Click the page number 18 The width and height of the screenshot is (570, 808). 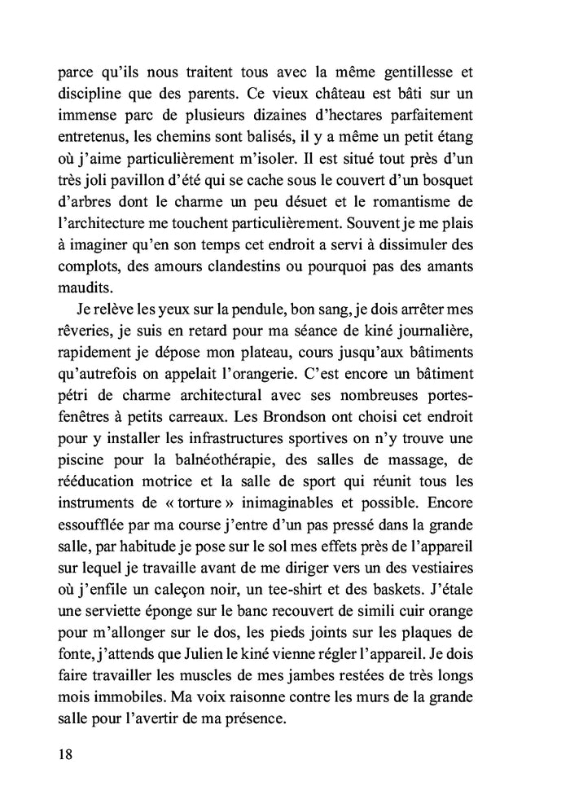point(66,753)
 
